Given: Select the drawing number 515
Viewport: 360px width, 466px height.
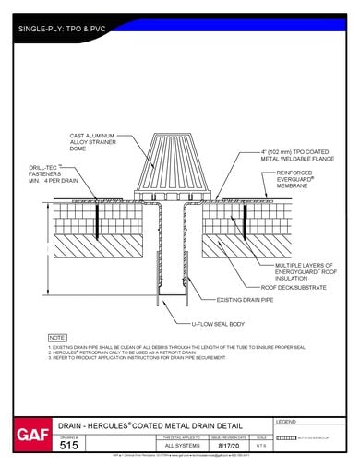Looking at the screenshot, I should pos(69,445).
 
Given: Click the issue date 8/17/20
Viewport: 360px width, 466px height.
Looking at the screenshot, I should pos(228,445).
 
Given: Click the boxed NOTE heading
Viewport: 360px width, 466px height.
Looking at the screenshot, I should pos(57,339).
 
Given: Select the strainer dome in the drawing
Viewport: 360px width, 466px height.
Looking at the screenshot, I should pos(174,166).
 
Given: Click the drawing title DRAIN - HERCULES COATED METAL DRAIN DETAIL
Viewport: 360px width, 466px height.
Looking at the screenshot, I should pos(162,424).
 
